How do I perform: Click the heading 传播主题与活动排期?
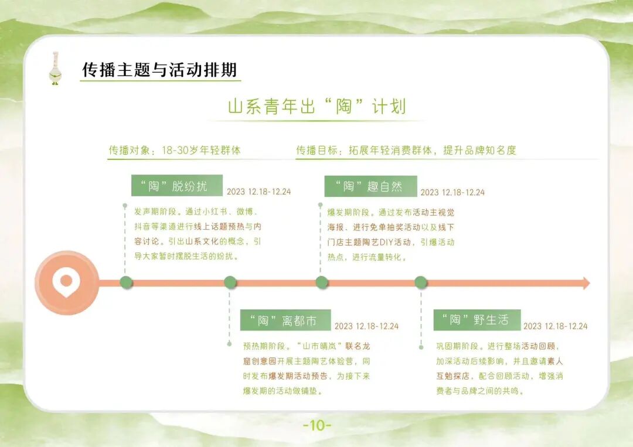click(159, 70)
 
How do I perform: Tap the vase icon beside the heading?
click(56, 69)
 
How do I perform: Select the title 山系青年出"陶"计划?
click(316, 107)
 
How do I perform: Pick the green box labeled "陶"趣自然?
click(370, 186)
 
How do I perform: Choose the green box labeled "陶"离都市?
click(285, 320)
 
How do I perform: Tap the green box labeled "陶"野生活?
click(479, 320)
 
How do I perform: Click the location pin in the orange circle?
click(66, 282)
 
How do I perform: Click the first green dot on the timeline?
click(126, 283)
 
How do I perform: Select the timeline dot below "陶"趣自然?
click(322, 283)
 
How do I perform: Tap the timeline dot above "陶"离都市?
click(230, 283)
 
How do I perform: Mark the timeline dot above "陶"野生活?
click(421, 283)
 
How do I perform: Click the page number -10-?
click(317, 425)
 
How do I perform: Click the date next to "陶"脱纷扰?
click(258, 192)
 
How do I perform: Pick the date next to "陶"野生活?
click(555, 326)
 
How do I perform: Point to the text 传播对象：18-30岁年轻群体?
click(175, 150)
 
